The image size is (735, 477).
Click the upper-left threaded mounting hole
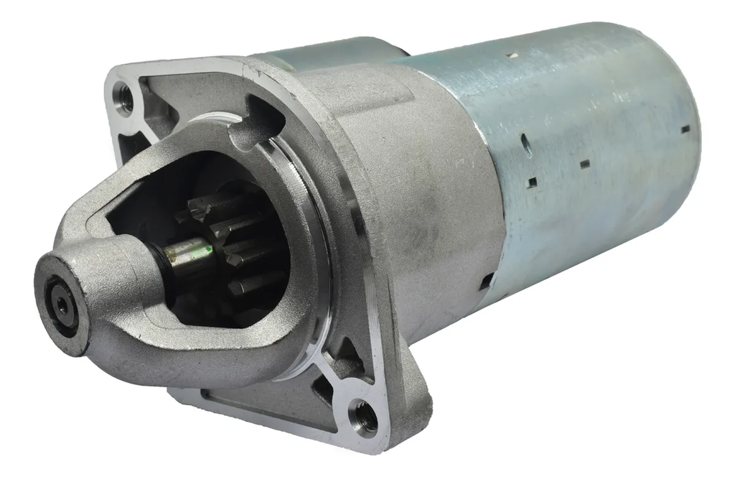tap(123, 98)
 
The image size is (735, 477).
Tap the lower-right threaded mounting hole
tap(364, 416)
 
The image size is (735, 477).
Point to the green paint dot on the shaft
tap(207, 249)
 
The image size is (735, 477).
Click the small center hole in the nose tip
tap(62, 305)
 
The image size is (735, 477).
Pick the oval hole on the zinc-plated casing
tap(526, 146)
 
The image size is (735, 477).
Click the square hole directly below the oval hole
tap(531, 183)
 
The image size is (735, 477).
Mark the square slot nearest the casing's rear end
tap(685, 129)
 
